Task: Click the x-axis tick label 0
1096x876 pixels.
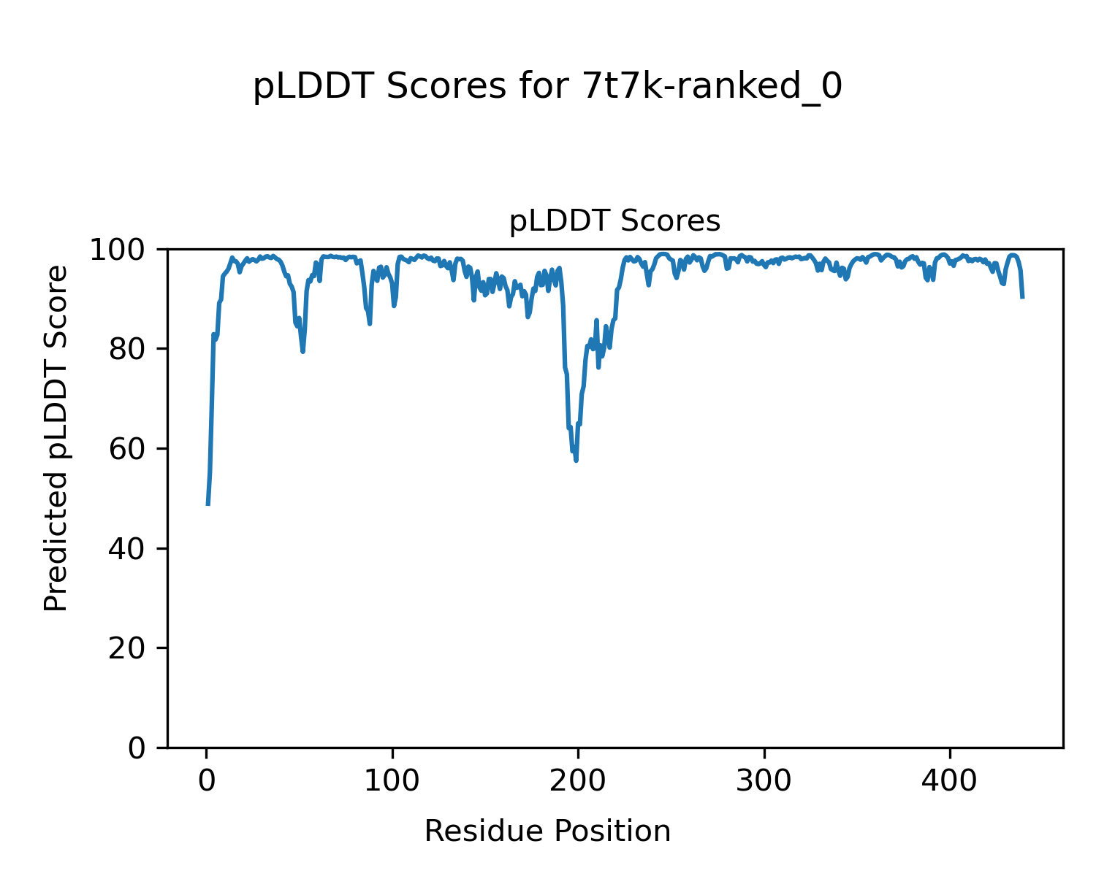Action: pos(207,780)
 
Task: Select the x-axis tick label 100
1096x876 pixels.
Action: pos(392,780)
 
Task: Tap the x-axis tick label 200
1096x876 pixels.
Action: pos(578,780)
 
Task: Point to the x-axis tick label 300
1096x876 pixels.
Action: pos(764,780)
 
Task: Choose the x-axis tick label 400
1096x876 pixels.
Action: pos(949,780)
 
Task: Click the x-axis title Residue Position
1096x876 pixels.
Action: pos(547,831)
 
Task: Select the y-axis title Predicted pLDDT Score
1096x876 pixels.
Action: pos(56,438)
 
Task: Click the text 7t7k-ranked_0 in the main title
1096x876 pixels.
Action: pos(712,88)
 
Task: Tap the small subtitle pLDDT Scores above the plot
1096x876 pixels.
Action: pos(614,221)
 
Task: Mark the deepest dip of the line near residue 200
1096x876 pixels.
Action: pos(576,461)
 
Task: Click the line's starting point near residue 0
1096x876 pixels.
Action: pos(208,504)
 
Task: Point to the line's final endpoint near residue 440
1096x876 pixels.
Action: pos(1022,297)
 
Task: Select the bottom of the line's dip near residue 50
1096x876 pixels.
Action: pos(302,352)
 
